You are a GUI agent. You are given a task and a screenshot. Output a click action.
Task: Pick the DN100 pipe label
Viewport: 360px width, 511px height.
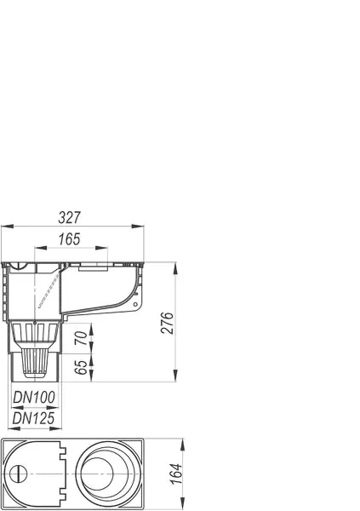coord(35,396)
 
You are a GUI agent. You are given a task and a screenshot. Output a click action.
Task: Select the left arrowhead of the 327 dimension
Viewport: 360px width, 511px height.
coord(7,226)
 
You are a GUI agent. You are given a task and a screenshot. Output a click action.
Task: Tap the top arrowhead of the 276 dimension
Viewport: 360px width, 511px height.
coord(175,264)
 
